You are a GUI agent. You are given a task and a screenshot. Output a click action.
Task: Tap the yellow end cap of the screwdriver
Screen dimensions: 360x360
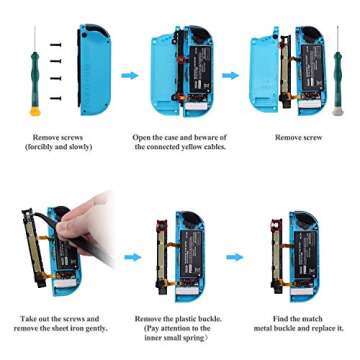(36, 111)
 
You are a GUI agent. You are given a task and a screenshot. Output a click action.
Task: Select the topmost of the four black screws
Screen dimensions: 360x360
(57, 46)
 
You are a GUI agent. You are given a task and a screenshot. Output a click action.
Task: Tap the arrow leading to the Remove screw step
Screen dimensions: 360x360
(230, 75)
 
